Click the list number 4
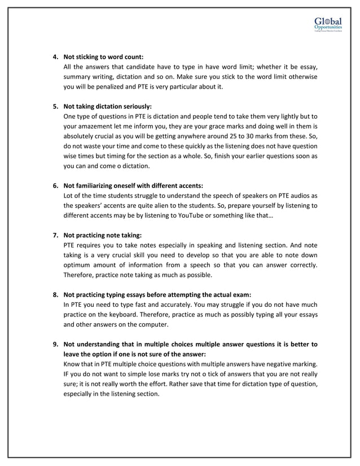click(x=55, y=57)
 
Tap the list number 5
click(x=55, y=106)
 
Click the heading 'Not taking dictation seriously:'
click(x=108, y=106)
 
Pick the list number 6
click(x=55, y=185)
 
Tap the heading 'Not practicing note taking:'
click(x=102, y=234)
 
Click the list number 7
click(x=55, y=234)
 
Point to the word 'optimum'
click(x=80, y=265)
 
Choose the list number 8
click(x=55, y=294)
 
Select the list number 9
click(x=55, y=344)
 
